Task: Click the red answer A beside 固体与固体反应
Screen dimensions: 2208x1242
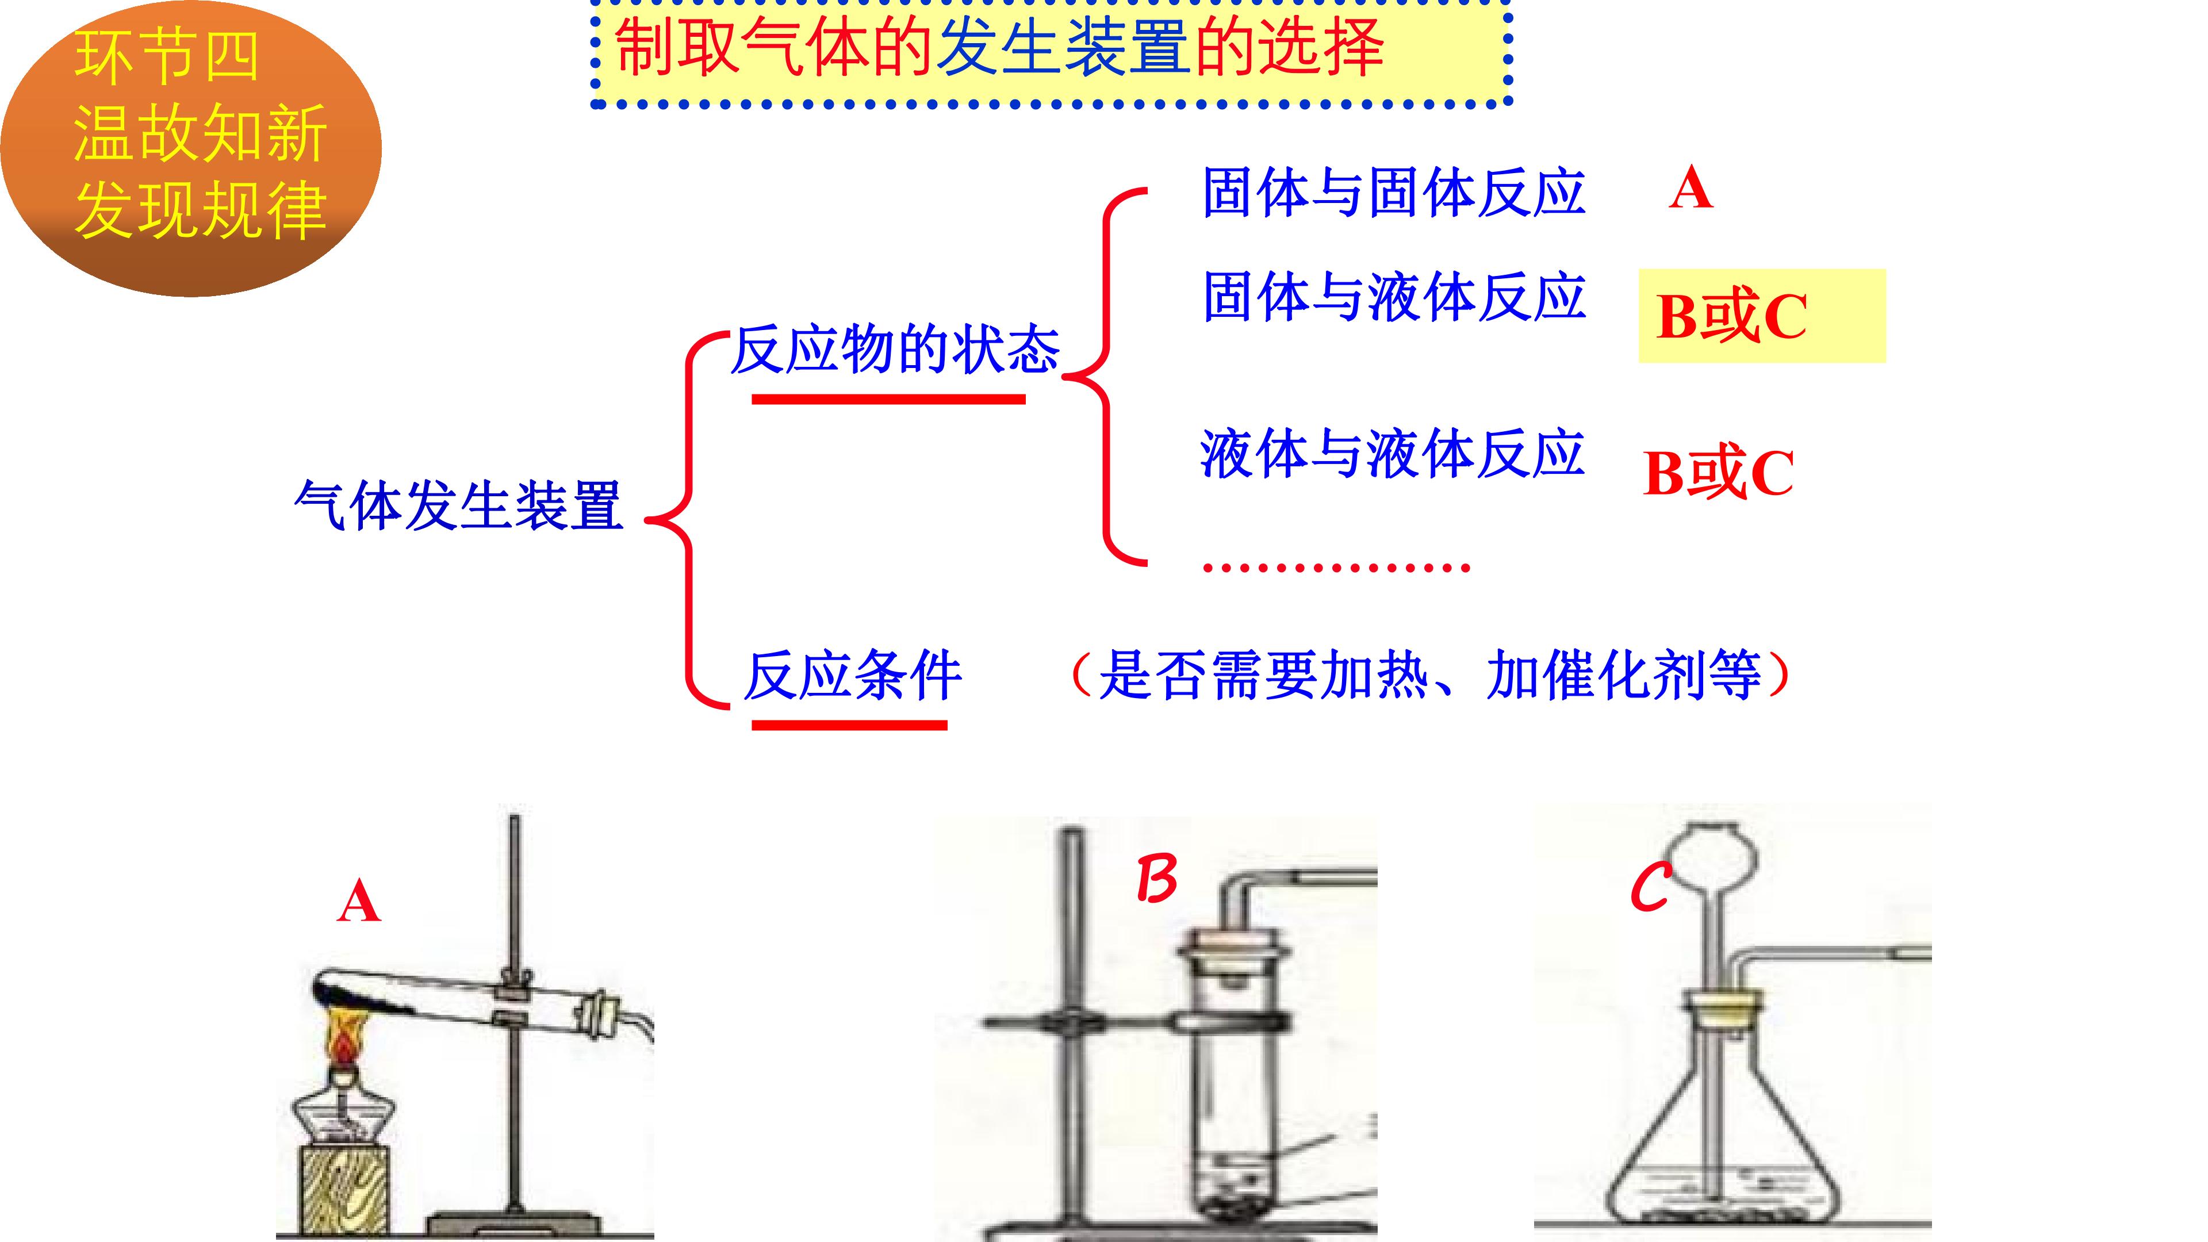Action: [1690, 189]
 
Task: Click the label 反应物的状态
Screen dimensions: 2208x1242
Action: [895, 350]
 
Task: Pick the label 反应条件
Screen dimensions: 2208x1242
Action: [853, 676]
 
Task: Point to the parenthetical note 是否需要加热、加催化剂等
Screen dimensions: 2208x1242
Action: [1429, 676]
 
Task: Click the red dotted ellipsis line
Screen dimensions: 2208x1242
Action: [1336, 566]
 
